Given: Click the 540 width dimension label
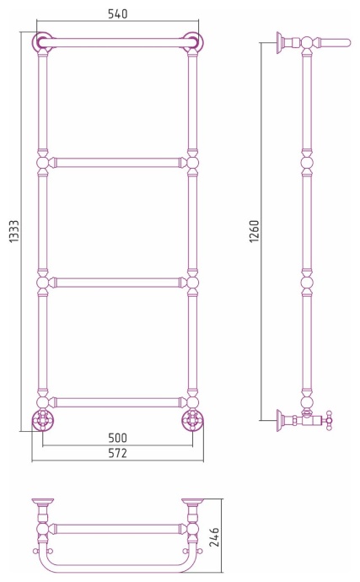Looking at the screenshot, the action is coord(118,13).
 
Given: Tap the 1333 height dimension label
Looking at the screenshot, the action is coord(13,232).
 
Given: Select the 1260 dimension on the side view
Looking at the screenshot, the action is coord(255,231).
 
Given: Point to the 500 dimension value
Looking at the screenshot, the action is coord(118,438).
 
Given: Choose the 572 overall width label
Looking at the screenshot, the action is coord(118,453).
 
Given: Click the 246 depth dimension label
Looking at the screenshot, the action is coord(214,537).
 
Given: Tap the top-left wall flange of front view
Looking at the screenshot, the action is coord(43,41).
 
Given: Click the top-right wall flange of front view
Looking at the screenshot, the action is coord(193,41).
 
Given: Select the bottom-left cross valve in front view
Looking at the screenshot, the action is coord(43,420).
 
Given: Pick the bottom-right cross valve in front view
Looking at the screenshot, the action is coord(192,420).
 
